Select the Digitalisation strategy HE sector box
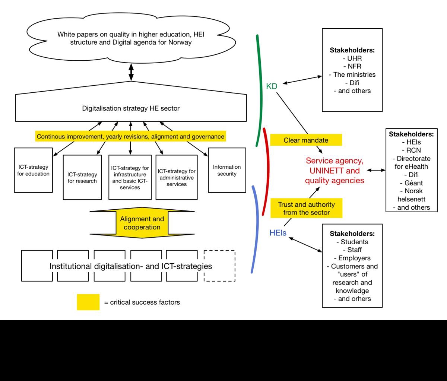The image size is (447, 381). [x=131, y=108]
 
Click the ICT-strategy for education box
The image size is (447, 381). [x=33, y=170]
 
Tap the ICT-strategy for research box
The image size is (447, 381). [x=82, y=177]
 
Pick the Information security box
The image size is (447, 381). [x=227, y=170]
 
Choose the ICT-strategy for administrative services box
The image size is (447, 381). [x=177, y=177]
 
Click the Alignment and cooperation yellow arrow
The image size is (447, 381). [x=142, y=223]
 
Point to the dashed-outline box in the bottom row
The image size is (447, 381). [x=220, y=266]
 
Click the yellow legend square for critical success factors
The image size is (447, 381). [x=88, y=302]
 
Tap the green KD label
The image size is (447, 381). [x=272, y=86]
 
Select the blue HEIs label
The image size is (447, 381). [x=278, y=234]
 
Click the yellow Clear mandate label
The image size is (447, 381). [x=306, y=140]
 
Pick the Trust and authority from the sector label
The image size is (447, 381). [x=306, y=209]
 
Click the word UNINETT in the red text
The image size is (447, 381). [x=335, y=171]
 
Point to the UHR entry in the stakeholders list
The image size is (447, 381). [x=352, y=58]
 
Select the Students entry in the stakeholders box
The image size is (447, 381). [x=352, y=242]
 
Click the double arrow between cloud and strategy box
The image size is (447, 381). [x=131, y=72]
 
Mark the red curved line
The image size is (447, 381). [x=266, y=171]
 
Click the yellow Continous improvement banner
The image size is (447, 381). [x=130, y=137]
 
